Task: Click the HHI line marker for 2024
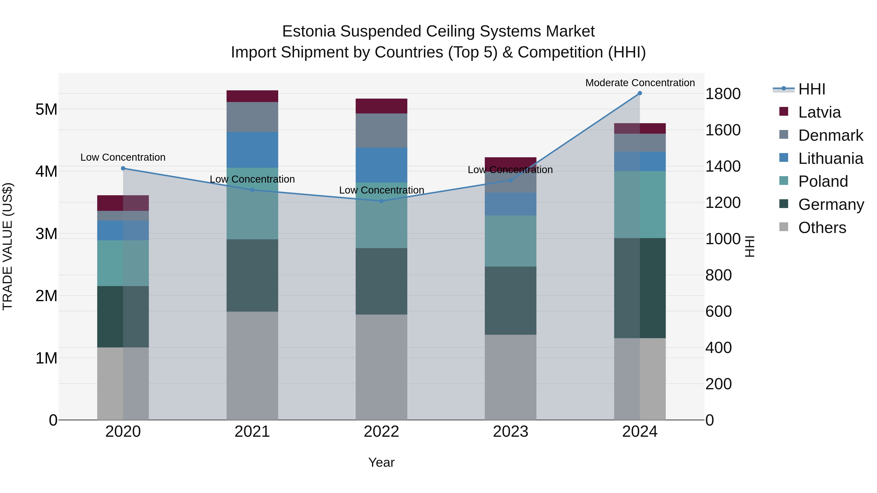pyautogui.click(x=640, y=93)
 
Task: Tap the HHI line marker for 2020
pyautogui.click(x=123, y=168)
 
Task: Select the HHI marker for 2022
pyautogui.click(x=381, y=201)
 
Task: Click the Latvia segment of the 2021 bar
pyautogui.click(x=252, y=96)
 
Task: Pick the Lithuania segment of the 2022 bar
pyautogui.click(x=381, y=165)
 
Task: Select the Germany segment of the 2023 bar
pyautogui.click(x=510, y=300)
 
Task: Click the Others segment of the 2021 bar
pyautogui.click(x=252, y=366)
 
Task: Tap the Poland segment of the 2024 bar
pyautogui.click(x=640, y=205)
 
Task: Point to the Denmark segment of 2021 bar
pyautogui.click(x=252, y=117)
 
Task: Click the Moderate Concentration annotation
pyautogui.click(x=640, y=83)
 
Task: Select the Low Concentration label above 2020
pyautogui.click(x=123, y=157)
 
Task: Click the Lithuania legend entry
pyautogui.click(x=830, y=158)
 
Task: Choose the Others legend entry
pyautogui.click(x=822, y=228)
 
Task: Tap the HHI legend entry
pyautogui.click(x=812, y=89)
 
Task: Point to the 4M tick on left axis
pyautogui.click(x=46, y=171)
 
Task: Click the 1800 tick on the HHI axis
pyautogui.click(x=723, y=94)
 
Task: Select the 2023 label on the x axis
pyautogui.click(x=510, y=432)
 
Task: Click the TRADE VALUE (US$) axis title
pyautogui.click(x=8, y=246)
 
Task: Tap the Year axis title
pyautogui.click(x=381, y=462)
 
